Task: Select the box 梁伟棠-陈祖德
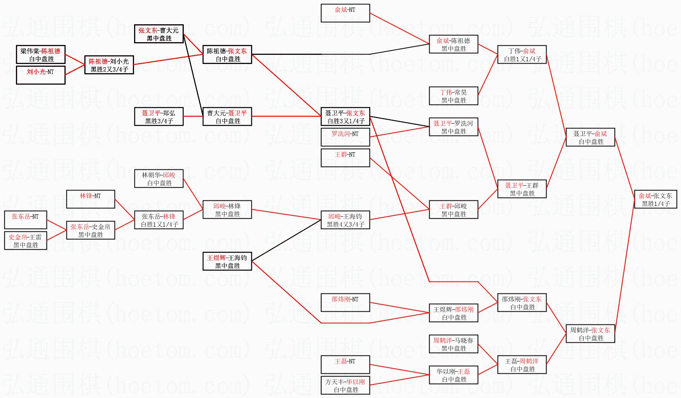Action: coord(41,55)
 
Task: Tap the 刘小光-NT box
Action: coord(41,76)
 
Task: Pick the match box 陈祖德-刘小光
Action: coord(109,65)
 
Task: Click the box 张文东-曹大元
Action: coord(159,34)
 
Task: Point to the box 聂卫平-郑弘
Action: coord(159,117)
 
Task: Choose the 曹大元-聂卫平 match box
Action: coord(227,117)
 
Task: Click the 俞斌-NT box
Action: coord(345,13)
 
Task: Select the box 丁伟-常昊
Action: coord(453,96)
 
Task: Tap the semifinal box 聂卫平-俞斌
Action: coord(590,138)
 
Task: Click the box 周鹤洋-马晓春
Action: coord(453,344)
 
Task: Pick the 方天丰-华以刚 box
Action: coord(345,386)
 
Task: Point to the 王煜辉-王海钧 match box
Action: coord(227,262)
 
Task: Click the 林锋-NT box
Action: coord(91,199)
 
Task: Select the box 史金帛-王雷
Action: coord(25,241)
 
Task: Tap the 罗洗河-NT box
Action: coord(345,137)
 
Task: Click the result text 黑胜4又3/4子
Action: coord(345,225)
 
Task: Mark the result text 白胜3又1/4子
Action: coord(345,121)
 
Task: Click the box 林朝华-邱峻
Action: coord(159,179)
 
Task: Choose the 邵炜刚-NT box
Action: coord(345,303)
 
